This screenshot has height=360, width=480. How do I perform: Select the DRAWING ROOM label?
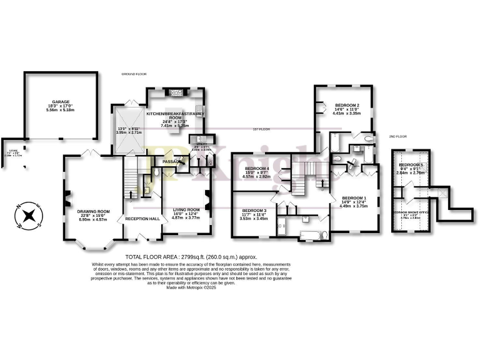click(93, 211)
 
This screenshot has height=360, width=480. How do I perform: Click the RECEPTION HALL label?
click(142, 219)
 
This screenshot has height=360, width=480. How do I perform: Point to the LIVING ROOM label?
click(186, 210)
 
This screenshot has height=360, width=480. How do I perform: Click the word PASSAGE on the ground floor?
click(172, 162)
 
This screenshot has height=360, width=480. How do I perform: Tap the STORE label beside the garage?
click(11, 149)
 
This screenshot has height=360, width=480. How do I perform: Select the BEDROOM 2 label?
click(346, 105)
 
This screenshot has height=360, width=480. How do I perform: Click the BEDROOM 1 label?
click(354, 198)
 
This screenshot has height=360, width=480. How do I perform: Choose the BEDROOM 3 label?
click(254, 210)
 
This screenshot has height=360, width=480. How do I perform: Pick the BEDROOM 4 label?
click(257, 169)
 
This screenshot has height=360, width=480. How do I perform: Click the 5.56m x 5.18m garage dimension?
click(60, 110)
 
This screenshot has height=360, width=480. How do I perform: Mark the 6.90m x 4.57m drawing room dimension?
click(93, 221)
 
